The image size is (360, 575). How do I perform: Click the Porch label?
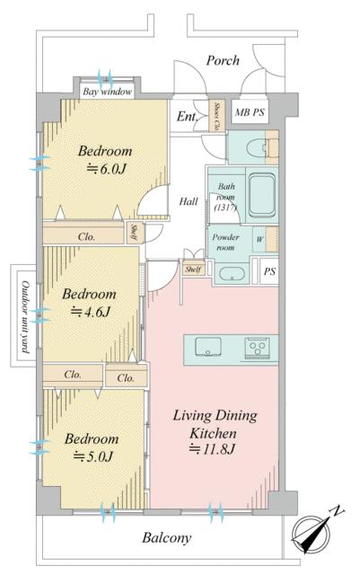(223, 60)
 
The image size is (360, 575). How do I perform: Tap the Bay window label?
(107, 92)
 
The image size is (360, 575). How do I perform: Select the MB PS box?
(250, 111)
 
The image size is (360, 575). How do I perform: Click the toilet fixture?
(259, 147)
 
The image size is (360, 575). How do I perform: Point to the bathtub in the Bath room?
(262, 196)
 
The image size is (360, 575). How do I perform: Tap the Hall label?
(189, 201)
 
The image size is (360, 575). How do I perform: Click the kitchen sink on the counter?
(208, 347)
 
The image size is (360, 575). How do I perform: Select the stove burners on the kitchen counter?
(257, 347)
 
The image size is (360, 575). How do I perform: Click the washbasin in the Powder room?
(232, 274)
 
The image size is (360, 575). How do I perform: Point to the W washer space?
(259, 240)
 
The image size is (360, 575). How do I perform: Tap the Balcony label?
(167, 538)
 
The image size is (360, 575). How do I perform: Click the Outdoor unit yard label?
(25, 317)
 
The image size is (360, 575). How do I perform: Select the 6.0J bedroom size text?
(106, 169)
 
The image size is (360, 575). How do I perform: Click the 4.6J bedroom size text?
(91, 312)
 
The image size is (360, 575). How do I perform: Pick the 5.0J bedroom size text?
(93, 456)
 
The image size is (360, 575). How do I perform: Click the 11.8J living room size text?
(212, 449)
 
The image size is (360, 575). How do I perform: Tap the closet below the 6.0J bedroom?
(83, 234)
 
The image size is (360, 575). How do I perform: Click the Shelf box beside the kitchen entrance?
(193, 270)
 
